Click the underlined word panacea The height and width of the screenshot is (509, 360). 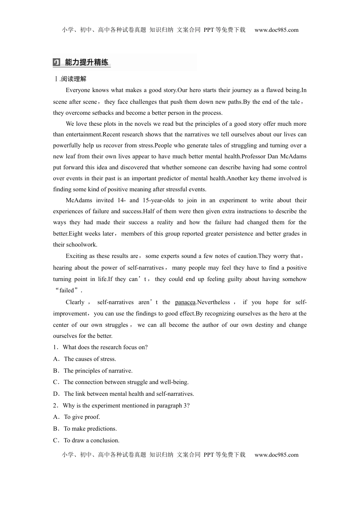(x=185, y=302)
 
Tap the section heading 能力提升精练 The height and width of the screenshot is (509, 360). (x=87, y=62)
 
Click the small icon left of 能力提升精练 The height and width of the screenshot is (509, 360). (x=56, y=62)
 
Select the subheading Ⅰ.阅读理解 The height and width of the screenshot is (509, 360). (x=70, y=79)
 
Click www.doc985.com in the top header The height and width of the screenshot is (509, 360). (x=276, y=30)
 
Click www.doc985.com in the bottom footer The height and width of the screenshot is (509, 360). (x=276, y=455)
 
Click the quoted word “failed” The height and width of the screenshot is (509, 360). (x=68, y=290)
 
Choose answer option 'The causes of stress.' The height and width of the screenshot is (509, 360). (x=90, y=359)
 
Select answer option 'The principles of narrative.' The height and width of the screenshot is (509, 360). (x=98, y=371)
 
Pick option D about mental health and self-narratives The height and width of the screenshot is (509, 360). (x=128, y=394)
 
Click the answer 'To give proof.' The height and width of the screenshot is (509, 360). (x=82, y=417)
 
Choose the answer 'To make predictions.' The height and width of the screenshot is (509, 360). (x=90, y=429)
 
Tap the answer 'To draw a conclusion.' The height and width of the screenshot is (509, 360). (x=91, y=440)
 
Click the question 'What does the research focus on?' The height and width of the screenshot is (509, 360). (x=105, y=347)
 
